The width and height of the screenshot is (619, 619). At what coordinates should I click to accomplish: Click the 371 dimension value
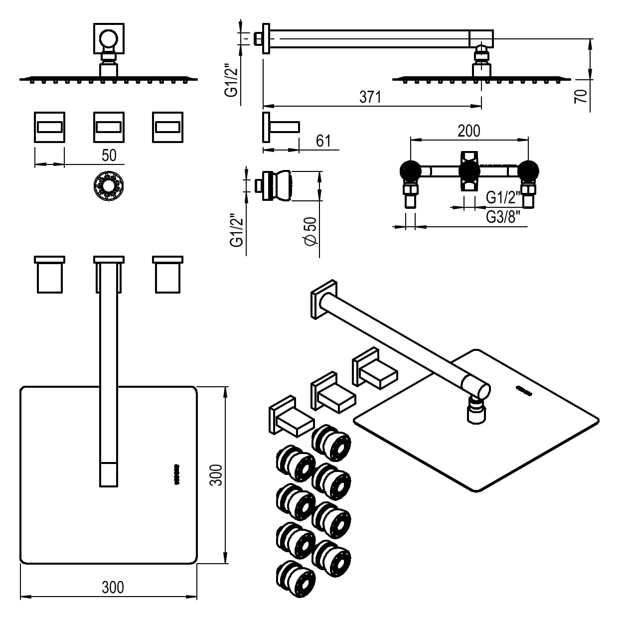tap(370, 97)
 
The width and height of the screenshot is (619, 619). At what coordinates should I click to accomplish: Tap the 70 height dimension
tap(581, 96)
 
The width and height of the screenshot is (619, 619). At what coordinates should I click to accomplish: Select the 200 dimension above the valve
tap(468, 131)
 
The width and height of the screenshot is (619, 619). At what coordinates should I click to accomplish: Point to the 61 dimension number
tap(323, 141)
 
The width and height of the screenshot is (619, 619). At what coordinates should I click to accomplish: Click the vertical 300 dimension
tap(216, 475)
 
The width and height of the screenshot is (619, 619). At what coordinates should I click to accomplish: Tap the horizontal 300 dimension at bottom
tap(113, 588)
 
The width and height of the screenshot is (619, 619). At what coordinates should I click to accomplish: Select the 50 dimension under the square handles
tap(109, 155)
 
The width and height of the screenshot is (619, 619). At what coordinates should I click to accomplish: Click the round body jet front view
tap(108, 187)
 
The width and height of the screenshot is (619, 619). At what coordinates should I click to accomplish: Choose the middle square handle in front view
tap(109, 127)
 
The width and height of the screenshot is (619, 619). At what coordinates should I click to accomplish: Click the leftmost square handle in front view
tap(49, 127)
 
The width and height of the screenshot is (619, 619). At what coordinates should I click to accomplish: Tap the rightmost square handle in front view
tap(167, 127)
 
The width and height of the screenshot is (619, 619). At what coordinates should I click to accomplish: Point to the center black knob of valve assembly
tap(469, 172)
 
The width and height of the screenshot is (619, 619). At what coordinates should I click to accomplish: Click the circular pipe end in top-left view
tap(108, 39)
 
